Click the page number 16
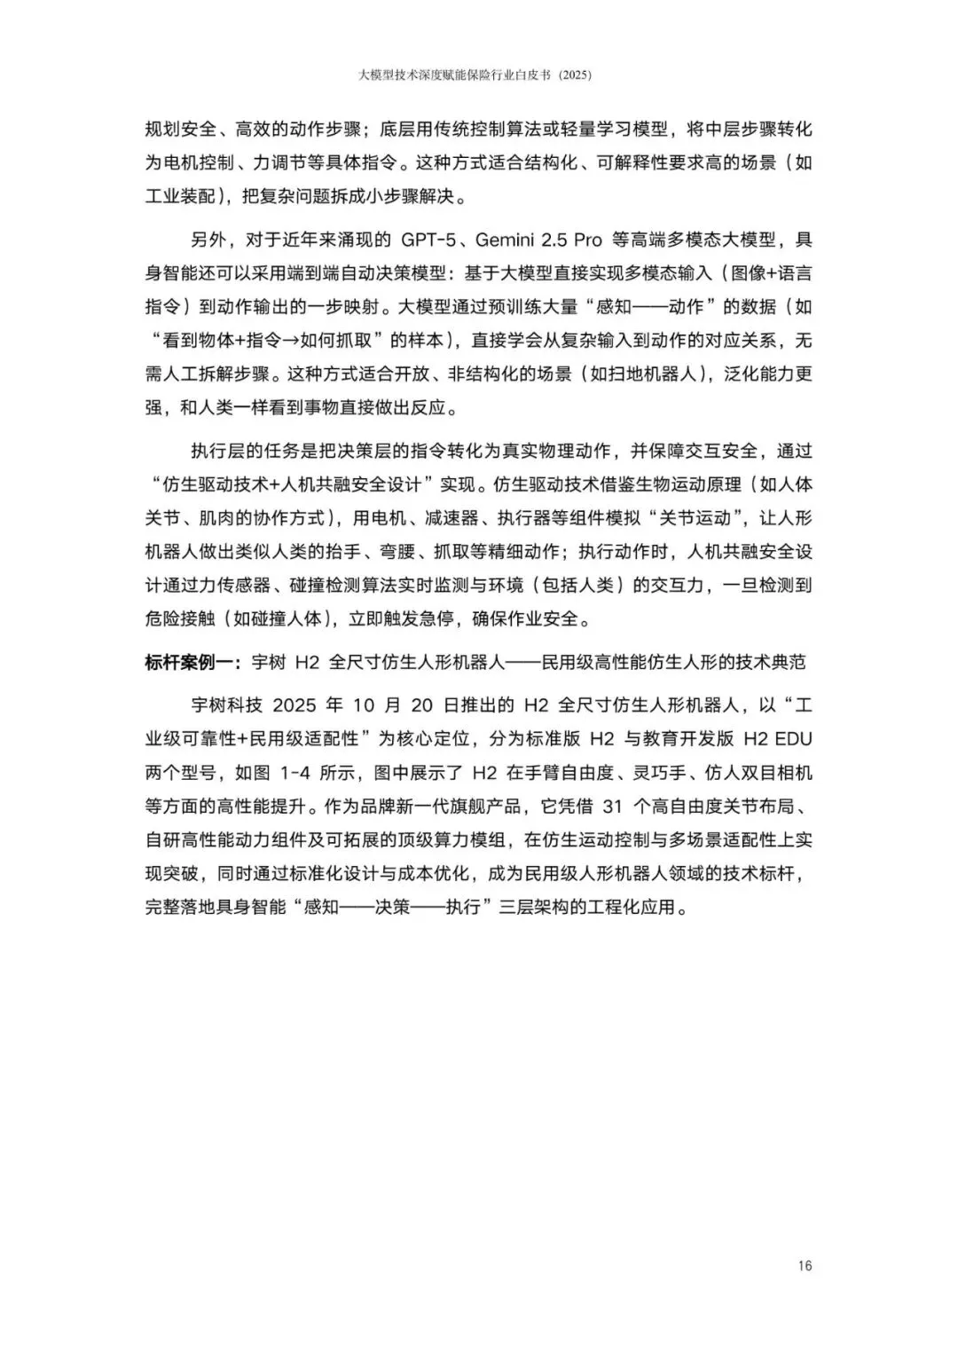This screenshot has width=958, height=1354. tap(805, 1265)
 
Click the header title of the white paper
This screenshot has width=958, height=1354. tap(475, 76)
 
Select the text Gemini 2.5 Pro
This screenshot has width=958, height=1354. tap(538, 240)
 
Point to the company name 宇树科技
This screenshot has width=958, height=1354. tap(227, 705)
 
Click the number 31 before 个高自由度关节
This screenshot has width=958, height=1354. tap(613, 807)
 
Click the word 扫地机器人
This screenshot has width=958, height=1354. tap(651, 374)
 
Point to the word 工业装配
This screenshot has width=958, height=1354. tap(180, 196)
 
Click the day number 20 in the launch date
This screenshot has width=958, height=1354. tap(422, 705)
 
